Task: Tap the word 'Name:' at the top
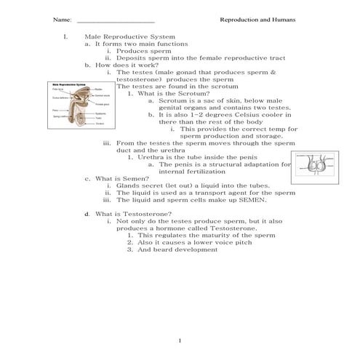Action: click(63, 20)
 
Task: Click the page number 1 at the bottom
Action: click(179, 340)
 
